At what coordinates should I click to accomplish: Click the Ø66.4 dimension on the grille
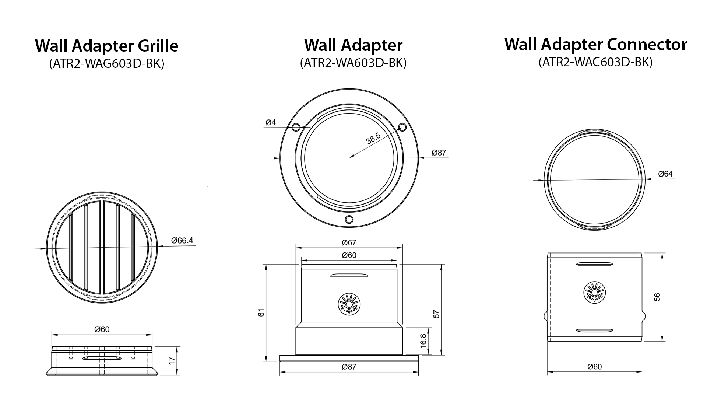182,241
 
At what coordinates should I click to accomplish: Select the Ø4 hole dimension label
271,122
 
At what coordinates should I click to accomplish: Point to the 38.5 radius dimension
373,139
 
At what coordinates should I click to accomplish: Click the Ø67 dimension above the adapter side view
349,242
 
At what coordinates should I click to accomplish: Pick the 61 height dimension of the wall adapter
261,313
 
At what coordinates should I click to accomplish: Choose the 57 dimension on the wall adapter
437,314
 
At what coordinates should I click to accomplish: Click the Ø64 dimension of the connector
665,174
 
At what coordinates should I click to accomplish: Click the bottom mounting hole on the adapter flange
349,220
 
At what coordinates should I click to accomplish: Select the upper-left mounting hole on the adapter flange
296,128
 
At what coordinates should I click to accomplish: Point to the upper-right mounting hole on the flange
402,127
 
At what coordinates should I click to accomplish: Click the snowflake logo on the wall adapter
349,304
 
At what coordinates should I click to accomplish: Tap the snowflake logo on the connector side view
594,293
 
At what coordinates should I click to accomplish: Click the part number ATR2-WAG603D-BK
106,64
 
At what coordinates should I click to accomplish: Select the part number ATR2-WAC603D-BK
595,62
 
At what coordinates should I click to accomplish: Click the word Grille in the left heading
158,46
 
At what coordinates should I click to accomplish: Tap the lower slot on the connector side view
594,330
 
